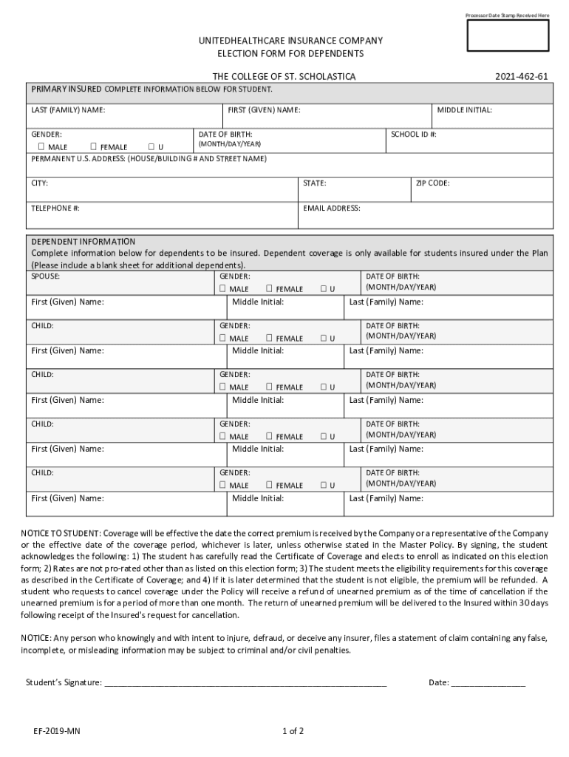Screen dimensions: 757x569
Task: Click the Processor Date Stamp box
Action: (507, 35)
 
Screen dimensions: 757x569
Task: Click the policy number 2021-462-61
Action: (521, 77)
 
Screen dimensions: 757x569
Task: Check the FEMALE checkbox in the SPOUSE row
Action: (270, 288)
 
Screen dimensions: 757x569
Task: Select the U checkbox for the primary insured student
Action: (151, 146)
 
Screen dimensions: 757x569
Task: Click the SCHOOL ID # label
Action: (413, 135)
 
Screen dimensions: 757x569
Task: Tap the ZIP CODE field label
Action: (432, 183)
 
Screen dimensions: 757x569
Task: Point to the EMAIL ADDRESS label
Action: (331, 208)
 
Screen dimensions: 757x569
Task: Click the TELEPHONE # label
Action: (55, 208)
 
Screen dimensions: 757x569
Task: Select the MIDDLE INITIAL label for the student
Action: (464, 110)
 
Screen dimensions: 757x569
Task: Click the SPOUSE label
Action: (45, 276)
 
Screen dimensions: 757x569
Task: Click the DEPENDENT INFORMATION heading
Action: (83, 242)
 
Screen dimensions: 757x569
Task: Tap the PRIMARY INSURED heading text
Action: (66, 89)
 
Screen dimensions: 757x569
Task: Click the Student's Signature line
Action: (245, 683)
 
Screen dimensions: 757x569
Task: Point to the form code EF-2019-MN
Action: (56, 732)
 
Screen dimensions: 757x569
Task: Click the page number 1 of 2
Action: (293, 732)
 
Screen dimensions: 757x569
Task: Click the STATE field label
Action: (314, 183)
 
